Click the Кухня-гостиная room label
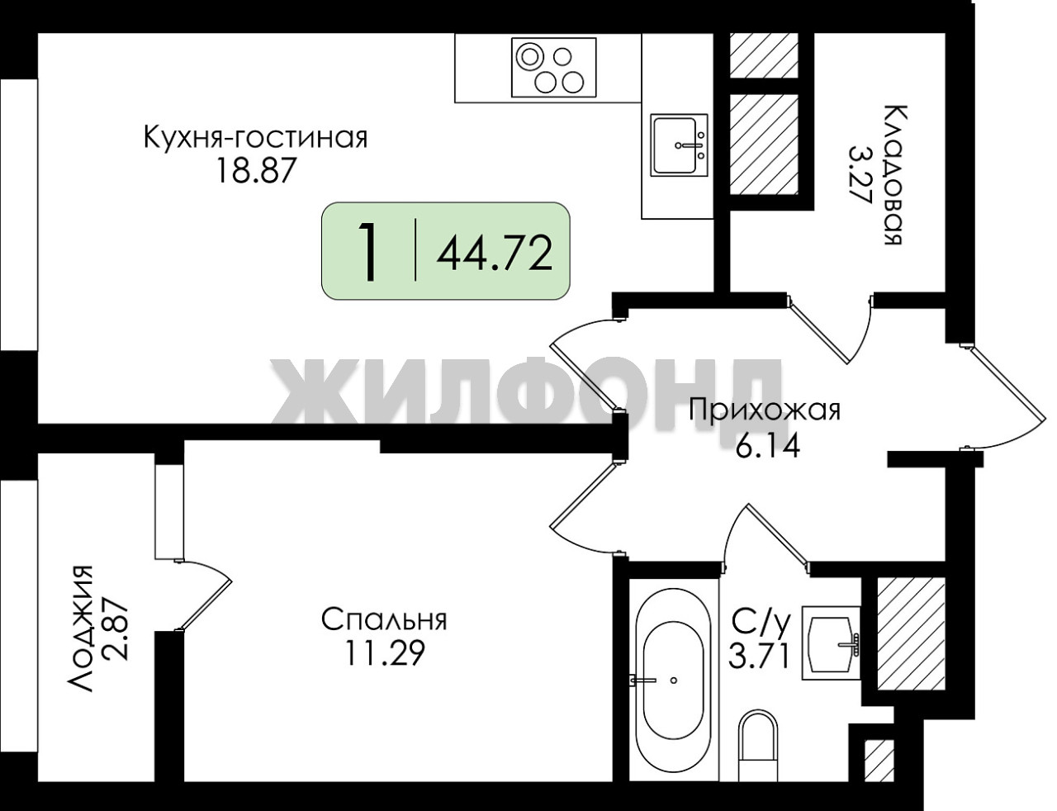tap(256, 138)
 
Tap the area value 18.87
tap(256, 171)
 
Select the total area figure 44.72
tap(494, 254)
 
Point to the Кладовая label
tap(893, 174)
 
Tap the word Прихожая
tap(765, 410)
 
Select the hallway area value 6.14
tap(768, 446)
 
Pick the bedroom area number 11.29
tap(385, 653)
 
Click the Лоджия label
tap(79, 628)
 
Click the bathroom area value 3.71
tap(758, 657)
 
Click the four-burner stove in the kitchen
tap(553, 68)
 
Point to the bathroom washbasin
tap(831, 643)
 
